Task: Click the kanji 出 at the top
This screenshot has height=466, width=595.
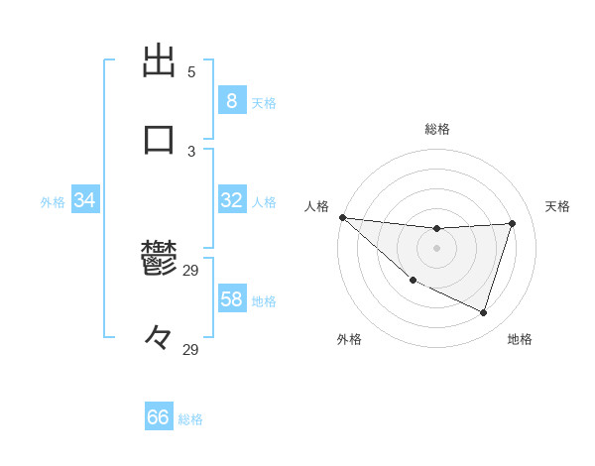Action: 159,61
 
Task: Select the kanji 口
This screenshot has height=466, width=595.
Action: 159,139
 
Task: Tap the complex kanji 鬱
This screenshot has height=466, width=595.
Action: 159,260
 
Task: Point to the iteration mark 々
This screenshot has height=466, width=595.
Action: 159,337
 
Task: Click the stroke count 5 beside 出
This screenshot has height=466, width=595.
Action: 191,72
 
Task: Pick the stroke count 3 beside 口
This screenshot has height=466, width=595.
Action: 191,151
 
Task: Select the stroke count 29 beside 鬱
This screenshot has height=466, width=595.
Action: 191,270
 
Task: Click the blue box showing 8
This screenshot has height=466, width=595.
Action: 231,100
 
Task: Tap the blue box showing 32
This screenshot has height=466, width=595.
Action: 231,200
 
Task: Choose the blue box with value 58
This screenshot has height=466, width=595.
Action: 231,299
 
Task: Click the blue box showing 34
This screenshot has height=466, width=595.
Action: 84,200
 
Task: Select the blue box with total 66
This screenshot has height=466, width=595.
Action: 158,417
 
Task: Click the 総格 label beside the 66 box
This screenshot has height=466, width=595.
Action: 190,419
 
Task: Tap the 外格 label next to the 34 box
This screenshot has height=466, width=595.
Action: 53,202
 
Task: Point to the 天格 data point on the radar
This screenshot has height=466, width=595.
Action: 512,223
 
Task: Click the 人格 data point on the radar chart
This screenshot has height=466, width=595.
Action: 342,217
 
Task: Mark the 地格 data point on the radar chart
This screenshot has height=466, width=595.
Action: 483,312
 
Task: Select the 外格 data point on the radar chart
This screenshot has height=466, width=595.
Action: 413,281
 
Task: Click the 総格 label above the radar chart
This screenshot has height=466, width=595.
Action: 436,129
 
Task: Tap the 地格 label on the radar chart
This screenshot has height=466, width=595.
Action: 520,339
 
